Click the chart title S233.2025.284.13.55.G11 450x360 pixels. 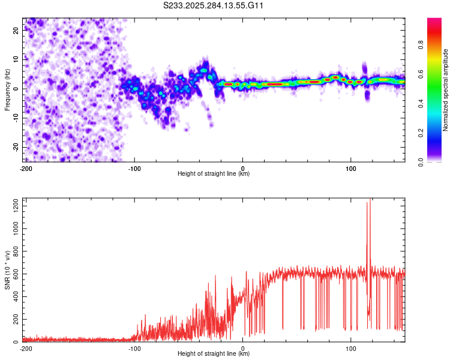[214, 5]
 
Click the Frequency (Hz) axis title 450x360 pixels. [7, 90]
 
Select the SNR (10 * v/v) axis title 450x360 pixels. [7, 270]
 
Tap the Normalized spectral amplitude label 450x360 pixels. [445, 90]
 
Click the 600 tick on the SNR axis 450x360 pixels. [15, 274]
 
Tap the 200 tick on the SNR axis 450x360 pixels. [15, 319]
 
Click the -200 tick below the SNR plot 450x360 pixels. [26, 348]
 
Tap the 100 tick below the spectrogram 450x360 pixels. [351, 168]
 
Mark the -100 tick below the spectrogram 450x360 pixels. [134, 168]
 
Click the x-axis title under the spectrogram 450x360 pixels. [214, 174]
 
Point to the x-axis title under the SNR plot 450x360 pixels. [214, 354]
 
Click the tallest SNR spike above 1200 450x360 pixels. [370, 200]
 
